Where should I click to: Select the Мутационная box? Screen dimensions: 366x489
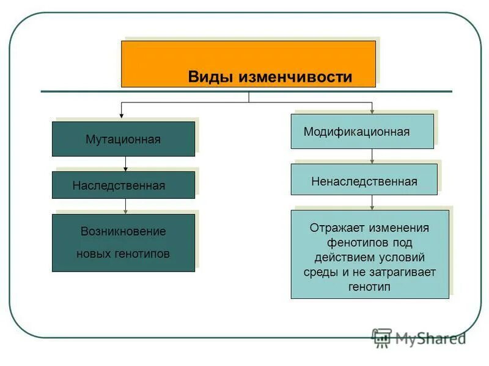point(123,139)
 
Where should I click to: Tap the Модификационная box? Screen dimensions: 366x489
point(362,131)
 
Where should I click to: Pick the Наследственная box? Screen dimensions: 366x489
point(123,185)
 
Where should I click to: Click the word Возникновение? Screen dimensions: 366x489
point(123,232)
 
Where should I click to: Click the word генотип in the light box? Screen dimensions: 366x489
point(369,287)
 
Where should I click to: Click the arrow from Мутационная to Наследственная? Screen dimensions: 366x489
point(125,164)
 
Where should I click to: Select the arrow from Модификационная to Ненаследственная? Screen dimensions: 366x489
point(372,156)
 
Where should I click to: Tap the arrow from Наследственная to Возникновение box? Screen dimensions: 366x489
point(125,206)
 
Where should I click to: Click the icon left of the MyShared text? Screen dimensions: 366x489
point(382,338)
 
